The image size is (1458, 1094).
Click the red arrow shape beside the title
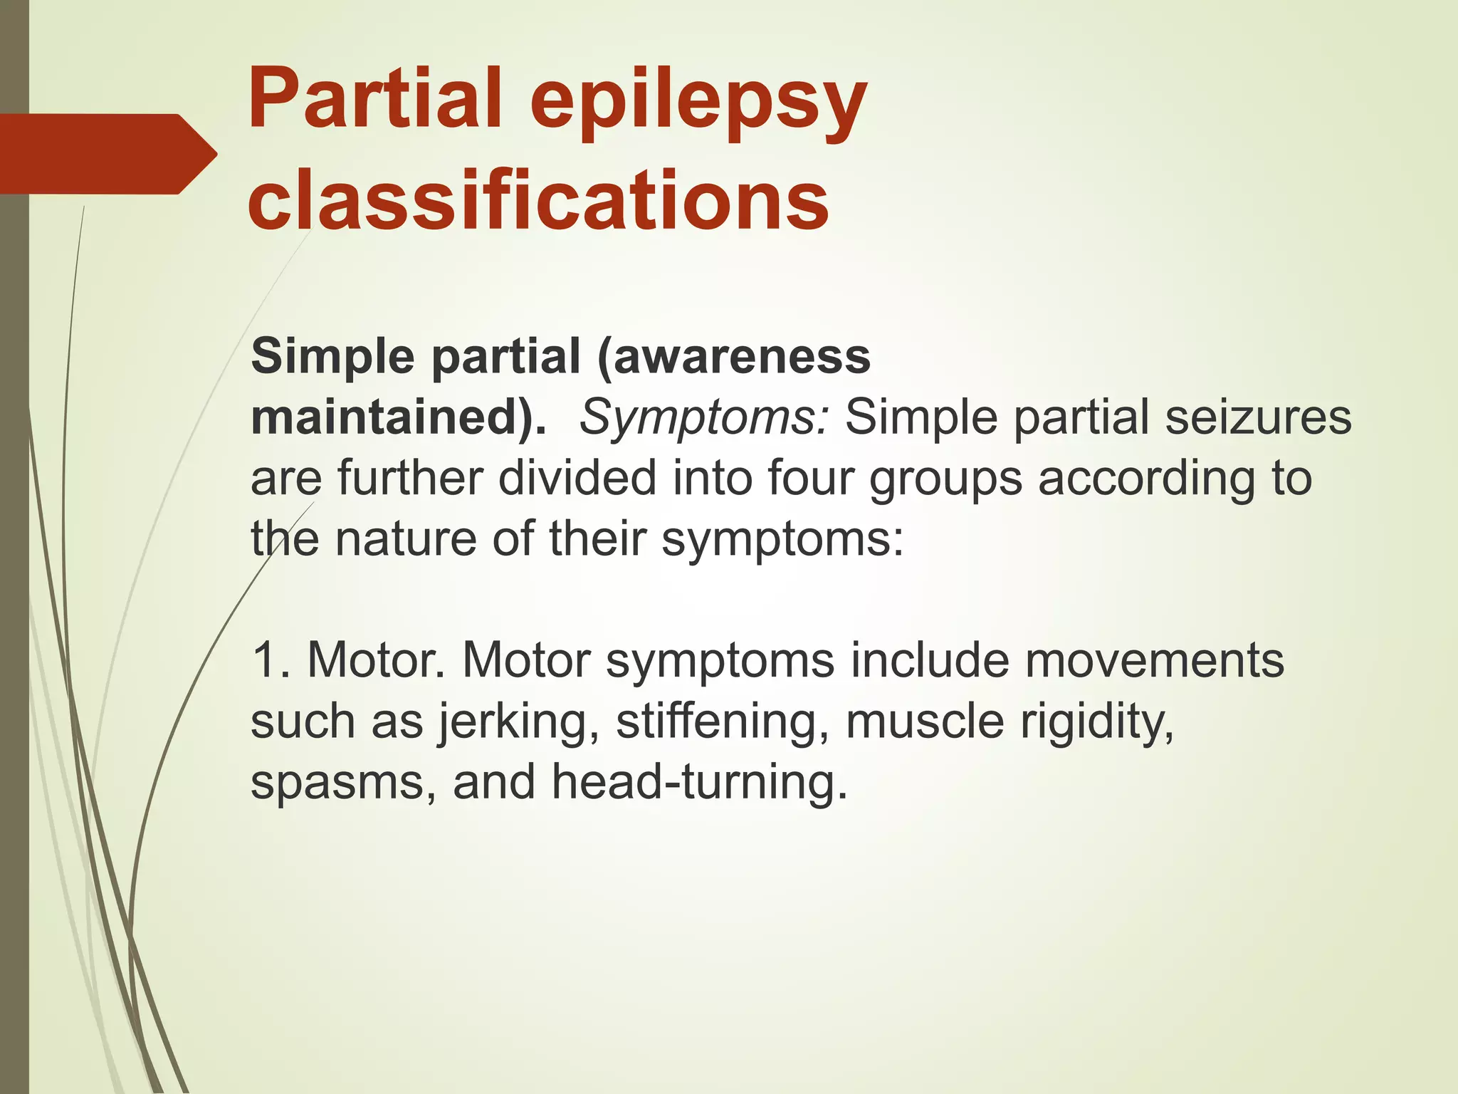[107, 154]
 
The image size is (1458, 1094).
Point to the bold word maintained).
[399, 417]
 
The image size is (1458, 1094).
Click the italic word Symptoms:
[704, 419]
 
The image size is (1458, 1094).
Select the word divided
[577, 478]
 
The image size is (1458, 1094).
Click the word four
[809, 478]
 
